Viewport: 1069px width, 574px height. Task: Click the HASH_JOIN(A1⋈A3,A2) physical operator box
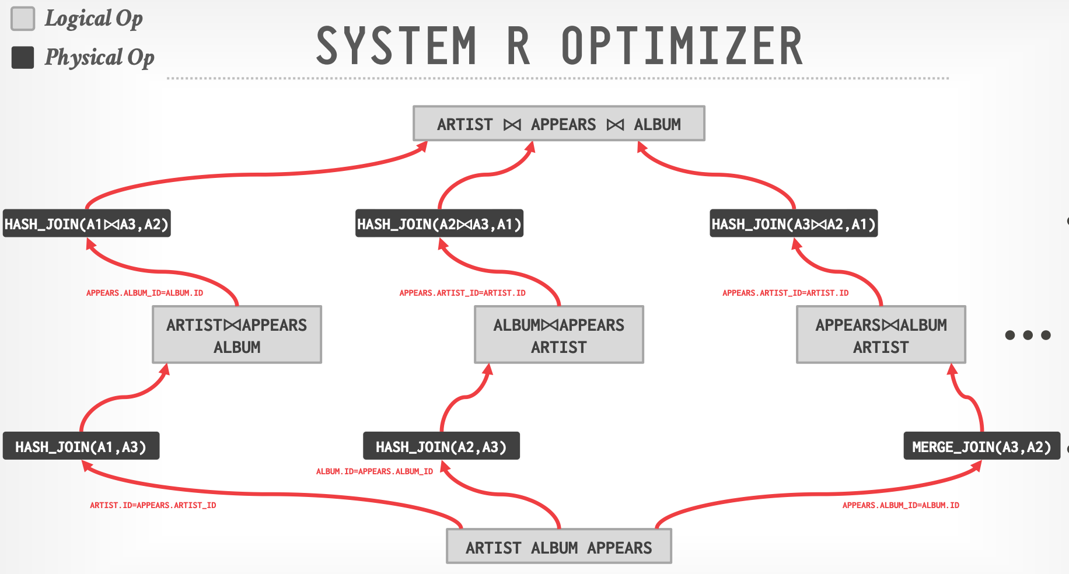point(86,223)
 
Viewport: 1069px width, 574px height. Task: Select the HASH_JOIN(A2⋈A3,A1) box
point(439,223)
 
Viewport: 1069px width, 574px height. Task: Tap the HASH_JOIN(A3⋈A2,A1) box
point(794,223)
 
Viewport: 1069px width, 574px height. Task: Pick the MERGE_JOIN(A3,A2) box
point(981,446)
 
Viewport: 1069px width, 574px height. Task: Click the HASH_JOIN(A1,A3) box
point(81,446)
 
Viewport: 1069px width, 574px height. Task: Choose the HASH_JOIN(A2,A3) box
point(441,446)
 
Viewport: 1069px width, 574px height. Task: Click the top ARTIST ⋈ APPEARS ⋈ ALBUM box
point(558,124)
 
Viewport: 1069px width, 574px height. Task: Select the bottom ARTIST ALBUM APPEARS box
point(558,547)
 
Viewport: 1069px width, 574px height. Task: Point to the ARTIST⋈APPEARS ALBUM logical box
point(237,335)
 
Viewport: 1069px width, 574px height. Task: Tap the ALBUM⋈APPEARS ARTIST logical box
point(558,335)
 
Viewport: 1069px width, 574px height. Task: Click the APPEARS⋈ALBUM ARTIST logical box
point(881,335)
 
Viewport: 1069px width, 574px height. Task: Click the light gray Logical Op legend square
point(23,19)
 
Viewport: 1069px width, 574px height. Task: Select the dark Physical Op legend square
point(23,57)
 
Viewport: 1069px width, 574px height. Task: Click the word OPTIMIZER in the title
point(682,46)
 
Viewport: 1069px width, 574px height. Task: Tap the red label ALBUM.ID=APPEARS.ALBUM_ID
point(375,471)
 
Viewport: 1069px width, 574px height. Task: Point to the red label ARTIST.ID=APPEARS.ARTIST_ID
point(153,505)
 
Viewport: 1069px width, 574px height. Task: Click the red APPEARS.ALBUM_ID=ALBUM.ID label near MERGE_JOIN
point(900,505)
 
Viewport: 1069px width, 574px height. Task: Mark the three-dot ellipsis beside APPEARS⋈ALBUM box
point(1028,335)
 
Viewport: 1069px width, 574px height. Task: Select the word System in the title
point(396,46)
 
